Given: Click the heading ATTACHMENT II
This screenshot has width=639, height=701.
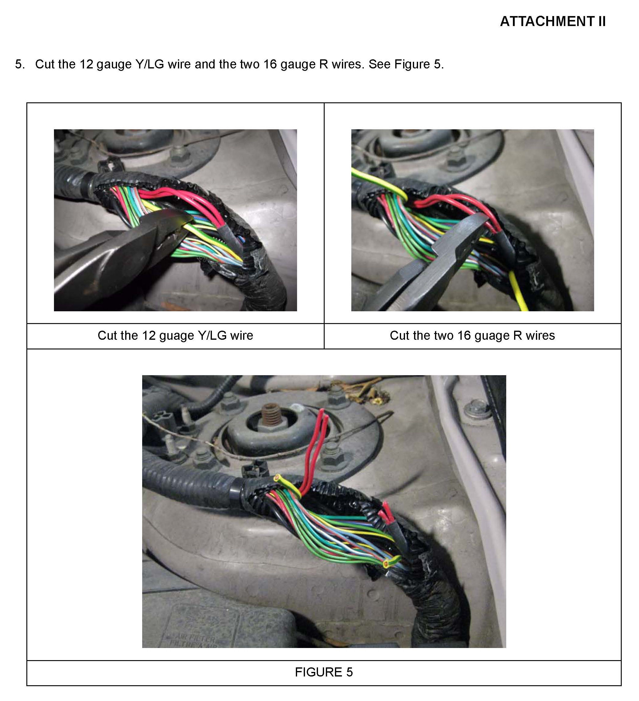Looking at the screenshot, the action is click(553, 21).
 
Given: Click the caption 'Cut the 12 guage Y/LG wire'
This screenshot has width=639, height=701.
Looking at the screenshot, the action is click(175, 336).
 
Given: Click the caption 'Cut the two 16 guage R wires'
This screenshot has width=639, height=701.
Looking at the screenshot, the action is click(472, 336).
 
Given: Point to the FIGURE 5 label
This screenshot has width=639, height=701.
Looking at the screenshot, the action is click(324, 672).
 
